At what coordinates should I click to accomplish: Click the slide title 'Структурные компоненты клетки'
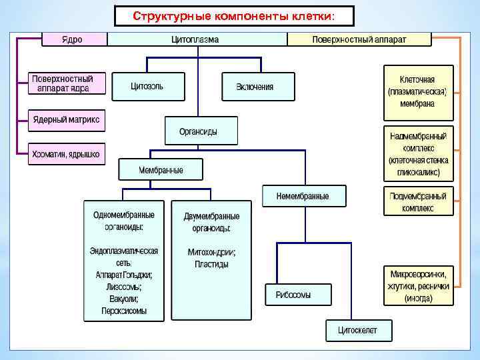[234, 15]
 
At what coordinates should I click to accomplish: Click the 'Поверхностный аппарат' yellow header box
[359, 39]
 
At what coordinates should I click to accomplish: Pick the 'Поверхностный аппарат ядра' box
[67, 83]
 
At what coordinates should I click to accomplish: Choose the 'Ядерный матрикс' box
[67, 120]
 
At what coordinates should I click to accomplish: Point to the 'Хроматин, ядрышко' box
[66, 155]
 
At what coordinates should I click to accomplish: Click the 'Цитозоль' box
[147, 86]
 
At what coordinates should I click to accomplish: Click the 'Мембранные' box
[161, 170]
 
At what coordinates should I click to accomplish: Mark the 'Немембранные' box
[304, 196]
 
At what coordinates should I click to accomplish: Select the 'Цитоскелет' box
[357, 330]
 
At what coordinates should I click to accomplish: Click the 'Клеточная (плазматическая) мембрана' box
[418, 91]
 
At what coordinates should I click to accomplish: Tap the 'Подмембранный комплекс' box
[418, 202]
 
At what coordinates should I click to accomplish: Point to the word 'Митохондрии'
[211, 252]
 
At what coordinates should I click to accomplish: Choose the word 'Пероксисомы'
[124, 311]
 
